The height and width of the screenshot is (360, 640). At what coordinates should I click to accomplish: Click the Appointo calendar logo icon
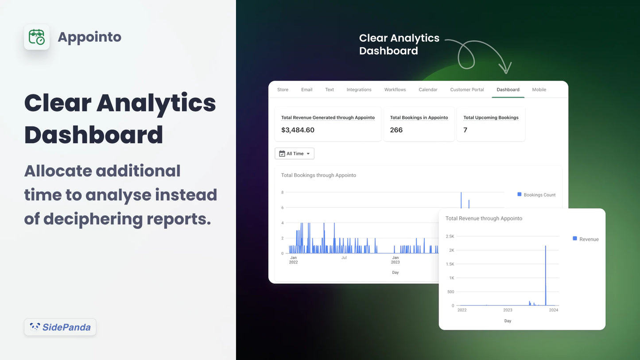(36, 37)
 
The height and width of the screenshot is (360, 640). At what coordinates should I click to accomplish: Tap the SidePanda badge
(60, 327)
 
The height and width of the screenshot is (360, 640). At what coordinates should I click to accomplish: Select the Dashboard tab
(508, 89)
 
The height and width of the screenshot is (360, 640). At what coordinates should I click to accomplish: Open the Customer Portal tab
(467, 89)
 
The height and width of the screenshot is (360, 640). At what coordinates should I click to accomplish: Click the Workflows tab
(395, 89)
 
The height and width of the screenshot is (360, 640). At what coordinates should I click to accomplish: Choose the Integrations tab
(359, 89)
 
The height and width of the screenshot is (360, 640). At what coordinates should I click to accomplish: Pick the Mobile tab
(539, 89)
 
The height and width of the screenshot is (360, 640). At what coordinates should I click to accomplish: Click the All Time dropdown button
(295, 154)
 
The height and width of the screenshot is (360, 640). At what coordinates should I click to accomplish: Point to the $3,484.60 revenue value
(298, 130)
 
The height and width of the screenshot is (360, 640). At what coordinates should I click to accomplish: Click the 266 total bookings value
(396, 130)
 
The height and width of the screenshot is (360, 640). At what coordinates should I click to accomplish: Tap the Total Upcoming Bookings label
(491, 118)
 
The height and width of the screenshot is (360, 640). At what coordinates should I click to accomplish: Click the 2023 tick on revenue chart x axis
(508, 310)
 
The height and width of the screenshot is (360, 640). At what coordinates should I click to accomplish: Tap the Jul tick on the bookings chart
(344, 257)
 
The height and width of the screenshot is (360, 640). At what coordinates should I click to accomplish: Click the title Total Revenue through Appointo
(484, 218)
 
